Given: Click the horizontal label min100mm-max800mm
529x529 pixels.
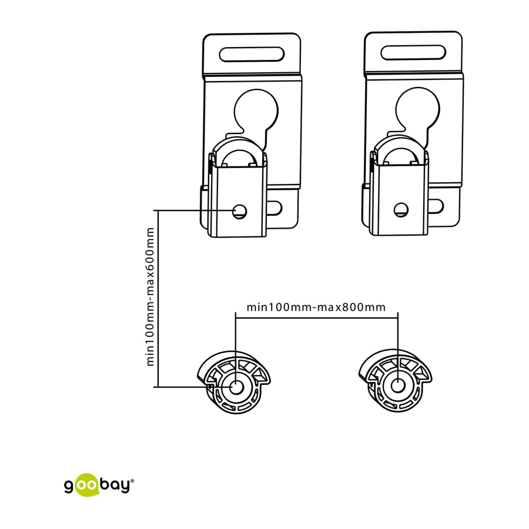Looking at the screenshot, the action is (x=316, y=307).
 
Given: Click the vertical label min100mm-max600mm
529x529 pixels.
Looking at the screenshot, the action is (x=150, y=297).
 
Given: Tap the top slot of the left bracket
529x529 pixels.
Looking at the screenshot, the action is (x=252, y=54).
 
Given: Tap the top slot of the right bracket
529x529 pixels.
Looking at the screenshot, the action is (x=413, y=53).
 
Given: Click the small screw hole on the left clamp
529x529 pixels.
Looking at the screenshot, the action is (x=240, y=212).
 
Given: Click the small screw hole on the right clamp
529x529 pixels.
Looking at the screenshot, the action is (x=401, y=210).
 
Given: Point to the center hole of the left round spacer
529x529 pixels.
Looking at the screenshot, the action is (x=236, y=387).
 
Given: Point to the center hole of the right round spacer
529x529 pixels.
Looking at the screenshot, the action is (x=398, y=386).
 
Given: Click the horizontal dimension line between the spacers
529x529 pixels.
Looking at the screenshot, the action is (x=317, y=317).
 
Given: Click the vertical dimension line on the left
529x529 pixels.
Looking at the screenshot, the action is (x=158, y=299).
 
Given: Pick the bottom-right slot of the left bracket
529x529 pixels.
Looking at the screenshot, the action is (x=274, y=208).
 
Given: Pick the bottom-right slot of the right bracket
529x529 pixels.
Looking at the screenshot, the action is (x=436, y=206).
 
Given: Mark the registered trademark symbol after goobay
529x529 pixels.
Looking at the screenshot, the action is (x=132, y=481).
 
